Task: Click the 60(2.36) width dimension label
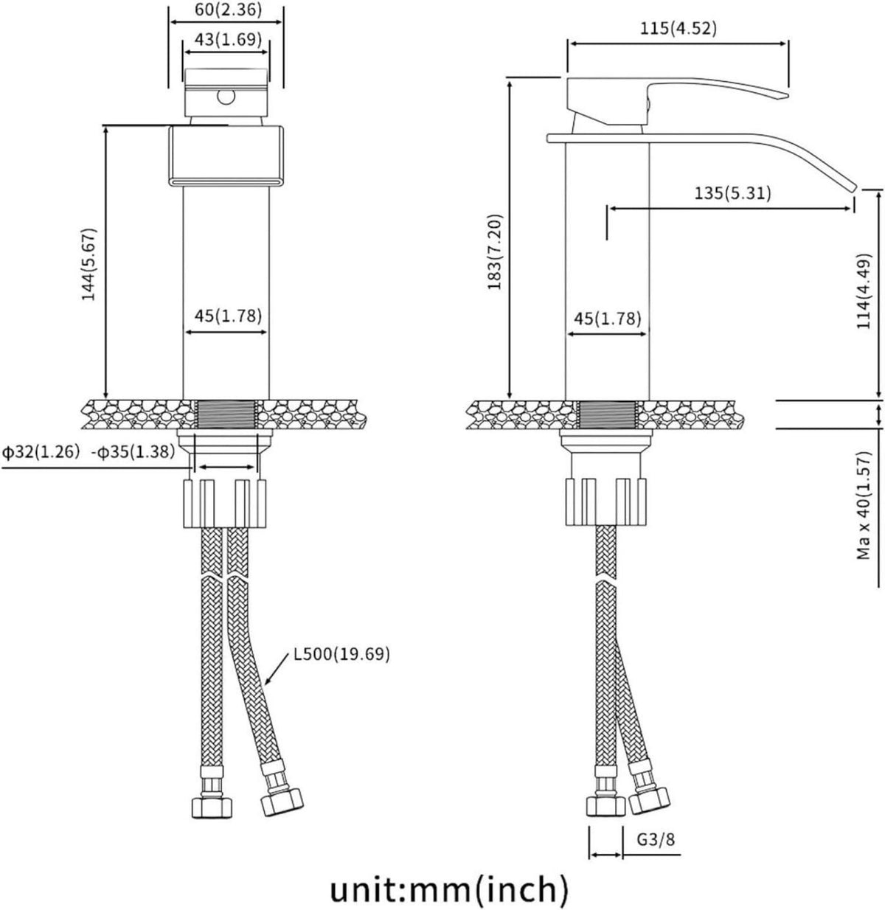click(x=229, y=10)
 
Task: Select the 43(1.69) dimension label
click(x=229, y=39)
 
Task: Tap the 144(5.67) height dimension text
click(x=88, y=265)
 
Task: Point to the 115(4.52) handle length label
click(x=678, y=28)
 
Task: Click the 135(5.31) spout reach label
click(x=732, y=192)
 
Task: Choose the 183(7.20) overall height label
click(x=494, y=252)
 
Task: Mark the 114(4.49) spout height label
click(x=864, y=291)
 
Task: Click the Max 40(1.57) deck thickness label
click(x=864, y=505)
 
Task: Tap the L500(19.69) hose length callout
click(x=341, y=654)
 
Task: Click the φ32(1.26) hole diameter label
click(x=41, y=452)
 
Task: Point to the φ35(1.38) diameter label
click(x=133, y=452)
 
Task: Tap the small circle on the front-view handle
click(x=226, y=97)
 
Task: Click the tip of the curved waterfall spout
click(x=854, y=189)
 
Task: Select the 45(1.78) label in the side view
click(x=608, y=319)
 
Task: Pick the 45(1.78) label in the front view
click(x=229, y=316)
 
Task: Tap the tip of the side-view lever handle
click(x=787, y=97)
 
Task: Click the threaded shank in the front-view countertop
click(x=226, y=414)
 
